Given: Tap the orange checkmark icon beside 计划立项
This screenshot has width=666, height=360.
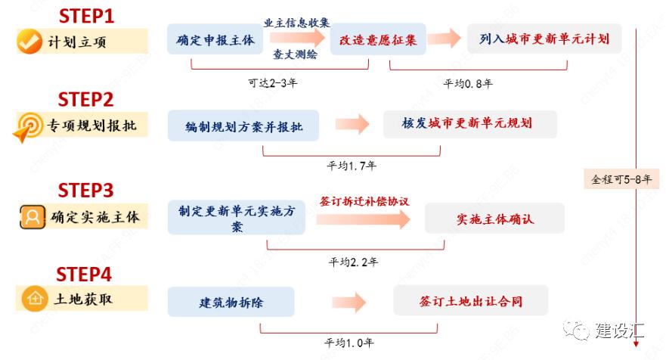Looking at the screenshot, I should pos(29,42).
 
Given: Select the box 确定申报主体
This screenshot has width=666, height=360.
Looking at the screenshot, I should pos(215,39).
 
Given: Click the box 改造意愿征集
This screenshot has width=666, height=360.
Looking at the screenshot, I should pos(378,39).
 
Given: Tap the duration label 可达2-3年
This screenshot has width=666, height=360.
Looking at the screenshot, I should pos(272,83).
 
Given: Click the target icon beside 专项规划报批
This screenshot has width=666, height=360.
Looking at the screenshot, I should pos(29,126).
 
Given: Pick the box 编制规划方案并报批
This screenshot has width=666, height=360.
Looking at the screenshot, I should pos(244,126).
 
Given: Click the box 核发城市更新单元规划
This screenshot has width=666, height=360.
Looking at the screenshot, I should pos(469,124).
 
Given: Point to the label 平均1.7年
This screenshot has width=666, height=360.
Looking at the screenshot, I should pos(352,165).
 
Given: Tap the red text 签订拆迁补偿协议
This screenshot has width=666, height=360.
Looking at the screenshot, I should pos(364,201).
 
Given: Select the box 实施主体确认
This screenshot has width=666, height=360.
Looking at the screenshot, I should pos(495,219).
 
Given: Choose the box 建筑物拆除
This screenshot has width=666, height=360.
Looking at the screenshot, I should pos(231,303).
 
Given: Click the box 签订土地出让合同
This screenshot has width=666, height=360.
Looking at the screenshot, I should pos(471,301).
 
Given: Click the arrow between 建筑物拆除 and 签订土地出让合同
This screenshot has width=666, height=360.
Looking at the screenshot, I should pos(348,303).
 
